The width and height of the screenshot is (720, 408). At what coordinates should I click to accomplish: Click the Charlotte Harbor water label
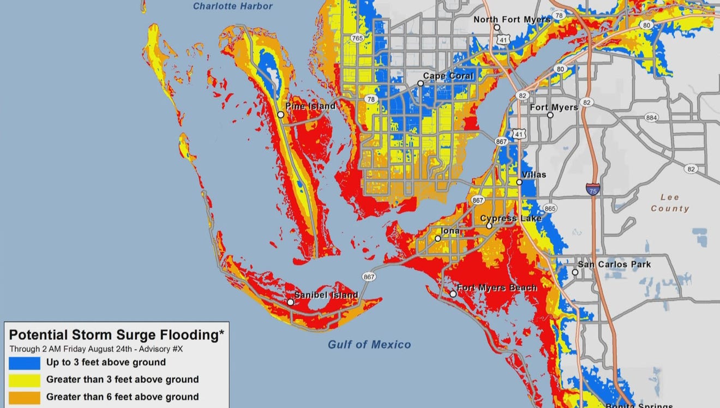tap(232, 7)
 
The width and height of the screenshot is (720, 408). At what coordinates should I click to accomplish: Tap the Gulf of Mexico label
tap(369, 344)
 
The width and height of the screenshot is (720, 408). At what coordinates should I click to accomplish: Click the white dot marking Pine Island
tap(280, 115)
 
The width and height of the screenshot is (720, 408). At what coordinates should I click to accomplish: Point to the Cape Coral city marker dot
tap(420, 83)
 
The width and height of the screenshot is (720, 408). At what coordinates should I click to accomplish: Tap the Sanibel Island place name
tap(326, 295)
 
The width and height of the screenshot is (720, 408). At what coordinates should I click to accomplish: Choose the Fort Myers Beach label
tap(496, 287)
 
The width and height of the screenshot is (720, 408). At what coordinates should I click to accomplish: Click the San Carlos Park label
tap(614, 265)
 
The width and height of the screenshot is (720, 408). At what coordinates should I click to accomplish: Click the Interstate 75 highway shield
tap(593, 189)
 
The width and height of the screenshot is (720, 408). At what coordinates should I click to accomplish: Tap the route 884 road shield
tap(651, 117)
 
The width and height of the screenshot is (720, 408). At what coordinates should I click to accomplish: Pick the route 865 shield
tap(550, 208)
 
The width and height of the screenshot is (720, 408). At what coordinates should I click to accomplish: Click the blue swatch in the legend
tap(25, 362)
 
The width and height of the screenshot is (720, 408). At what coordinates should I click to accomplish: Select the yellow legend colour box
tap(25, 380)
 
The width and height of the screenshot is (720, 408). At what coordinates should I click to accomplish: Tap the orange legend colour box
tap(25, 397)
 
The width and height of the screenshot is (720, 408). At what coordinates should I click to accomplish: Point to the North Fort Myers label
tap(512, 20)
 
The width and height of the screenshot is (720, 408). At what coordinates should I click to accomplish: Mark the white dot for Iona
tap(437, 238)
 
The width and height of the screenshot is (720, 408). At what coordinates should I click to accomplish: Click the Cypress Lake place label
tap(511, 219)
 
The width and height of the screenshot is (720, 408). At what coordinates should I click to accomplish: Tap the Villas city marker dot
tap(519, 182)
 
